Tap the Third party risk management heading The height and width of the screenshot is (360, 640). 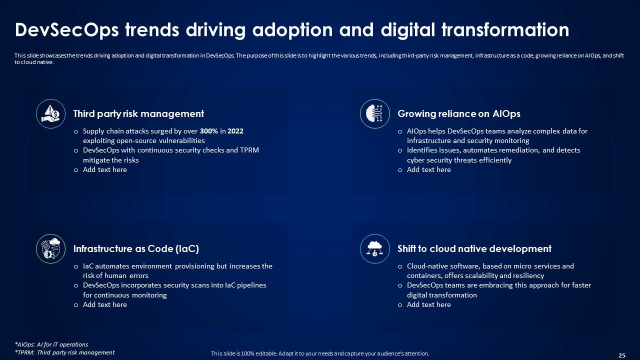[x=138, y=114]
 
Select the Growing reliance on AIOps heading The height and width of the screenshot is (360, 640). [x=458, y=114]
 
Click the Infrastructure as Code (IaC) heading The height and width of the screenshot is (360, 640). [x=136, y=249]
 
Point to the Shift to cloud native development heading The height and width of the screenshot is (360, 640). [x=474, y=249]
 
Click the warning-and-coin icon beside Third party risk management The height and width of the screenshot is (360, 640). [x=51, y=114]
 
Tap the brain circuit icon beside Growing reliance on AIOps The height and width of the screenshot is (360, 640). [x=375, y=114]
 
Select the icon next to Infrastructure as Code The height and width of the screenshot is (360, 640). [x=51, y=249]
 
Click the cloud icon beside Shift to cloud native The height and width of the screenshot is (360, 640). [x=375, y=249]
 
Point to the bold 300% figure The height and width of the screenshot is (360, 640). [x=209, y=131]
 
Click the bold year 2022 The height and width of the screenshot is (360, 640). [x=235, y=131]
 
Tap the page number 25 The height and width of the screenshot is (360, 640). [x=622, y=355]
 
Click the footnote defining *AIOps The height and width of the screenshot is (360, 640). [x=51, y=344]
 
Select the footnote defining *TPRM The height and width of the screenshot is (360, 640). [x=64, y=352]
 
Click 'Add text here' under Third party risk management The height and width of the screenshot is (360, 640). [x=104, y=170]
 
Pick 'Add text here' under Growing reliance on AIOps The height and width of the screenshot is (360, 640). [x=428, y=170]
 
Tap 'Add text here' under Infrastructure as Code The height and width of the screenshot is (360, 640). [x=104, y=305]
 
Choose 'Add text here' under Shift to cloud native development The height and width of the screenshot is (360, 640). [x=428, y=305]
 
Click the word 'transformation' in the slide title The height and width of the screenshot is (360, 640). [x=505, y=30]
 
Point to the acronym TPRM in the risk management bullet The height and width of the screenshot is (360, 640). [x=248, y=150]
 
